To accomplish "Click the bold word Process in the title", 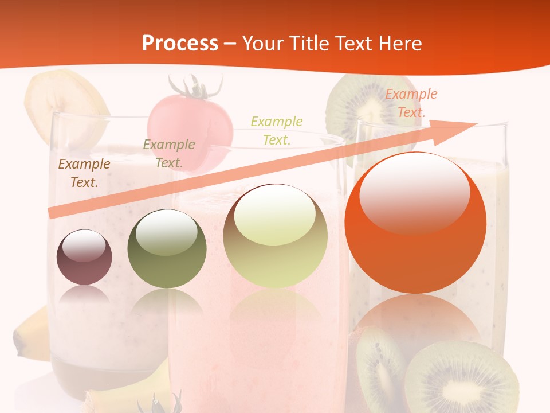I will [180, 44].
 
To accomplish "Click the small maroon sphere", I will [84, 257].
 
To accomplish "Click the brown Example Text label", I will [84, 173].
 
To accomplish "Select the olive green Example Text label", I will [169, 154].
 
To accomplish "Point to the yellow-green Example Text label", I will [277, 130].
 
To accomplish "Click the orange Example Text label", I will [411, 103].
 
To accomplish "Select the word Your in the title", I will [264, 44].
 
